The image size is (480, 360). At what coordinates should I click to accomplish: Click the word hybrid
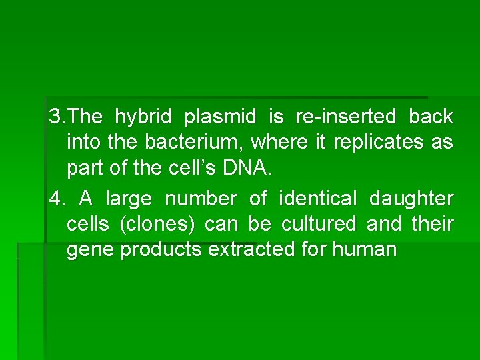coord(141,118)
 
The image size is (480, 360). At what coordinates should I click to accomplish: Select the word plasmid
coord(220,118)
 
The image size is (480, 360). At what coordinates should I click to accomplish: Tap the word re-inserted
coord(345,117)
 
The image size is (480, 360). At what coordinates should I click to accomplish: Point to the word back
coord(431,117)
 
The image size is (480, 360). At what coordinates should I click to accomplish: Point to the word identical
coord(318,199)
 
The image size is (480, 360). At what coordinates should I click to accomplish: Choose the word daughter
coord(411,199)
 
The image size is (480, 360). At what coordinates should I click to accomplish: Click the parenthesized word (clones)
coord(157,225)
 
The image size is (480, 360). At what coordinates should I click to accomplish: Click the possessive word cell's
coord(188,168)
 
